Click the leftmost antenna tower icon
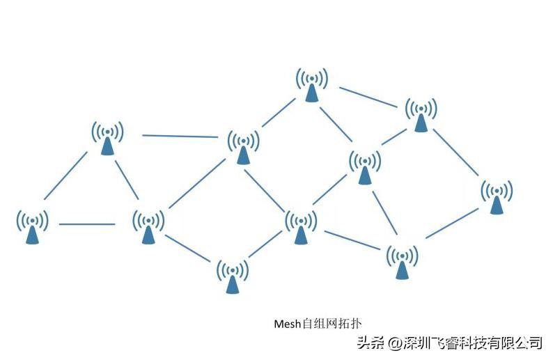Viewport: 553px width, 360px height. coord(33,226)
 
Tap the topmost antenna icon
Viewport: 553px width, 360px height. coord(312,85)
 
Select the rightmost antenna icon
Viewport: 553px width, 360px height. coord(497,196)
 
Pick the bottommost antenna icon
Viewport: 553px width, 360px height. coord(233,276)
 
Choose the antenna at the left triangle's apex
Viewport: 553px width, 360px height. coord(107,137)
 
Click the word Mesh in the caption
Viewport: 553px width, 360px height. coord(288,324)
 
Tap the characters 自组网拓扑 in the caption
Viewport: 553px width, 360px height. coord(332,324)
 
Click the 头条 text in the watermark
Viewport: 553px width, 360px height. coord(371,343)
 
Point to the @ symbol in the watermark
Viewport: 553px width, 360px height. coord(395,343)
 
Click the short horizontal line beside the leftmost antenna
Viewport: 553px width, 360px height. coord(87,224)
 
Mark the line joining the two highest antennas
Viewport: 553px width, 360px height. coord(368,97)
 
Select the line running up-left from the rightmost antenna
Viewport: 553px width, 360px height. coord(455,152)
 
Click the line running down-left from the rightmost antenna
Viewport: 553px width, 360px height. coord(452,224)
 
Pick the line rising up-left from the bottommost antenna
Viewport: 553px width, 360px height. coord(188,249)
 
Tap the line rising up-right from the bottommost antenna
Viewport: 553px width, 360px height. coord(265,244)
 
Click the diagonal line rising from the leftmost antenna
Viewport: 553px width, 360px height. coord(66,175)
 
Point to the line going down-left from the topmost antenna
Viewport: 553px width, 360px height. coord(279,113)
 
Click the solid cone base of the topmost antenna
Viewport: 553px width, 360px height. coord(312,93)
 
